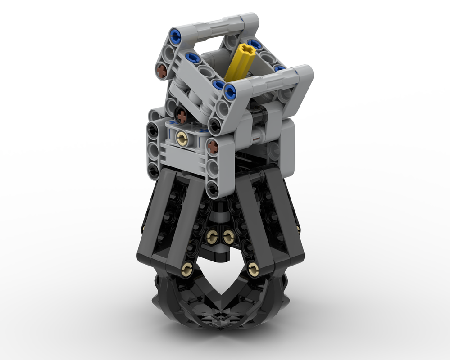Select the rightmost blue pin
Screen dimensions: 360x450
tap(279, 69)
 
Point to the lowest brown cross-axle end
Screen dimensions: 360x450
tap(213, 146)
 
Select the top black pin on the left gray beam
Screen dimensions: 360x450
tap(153, 129)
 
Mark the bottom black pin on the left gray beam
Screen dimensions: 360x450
tap(154, 170)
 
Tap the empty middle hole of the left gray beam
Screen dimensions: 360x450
tap(153, 149)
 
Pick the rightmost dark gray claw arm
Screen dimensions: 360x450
tap(279, 220)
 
